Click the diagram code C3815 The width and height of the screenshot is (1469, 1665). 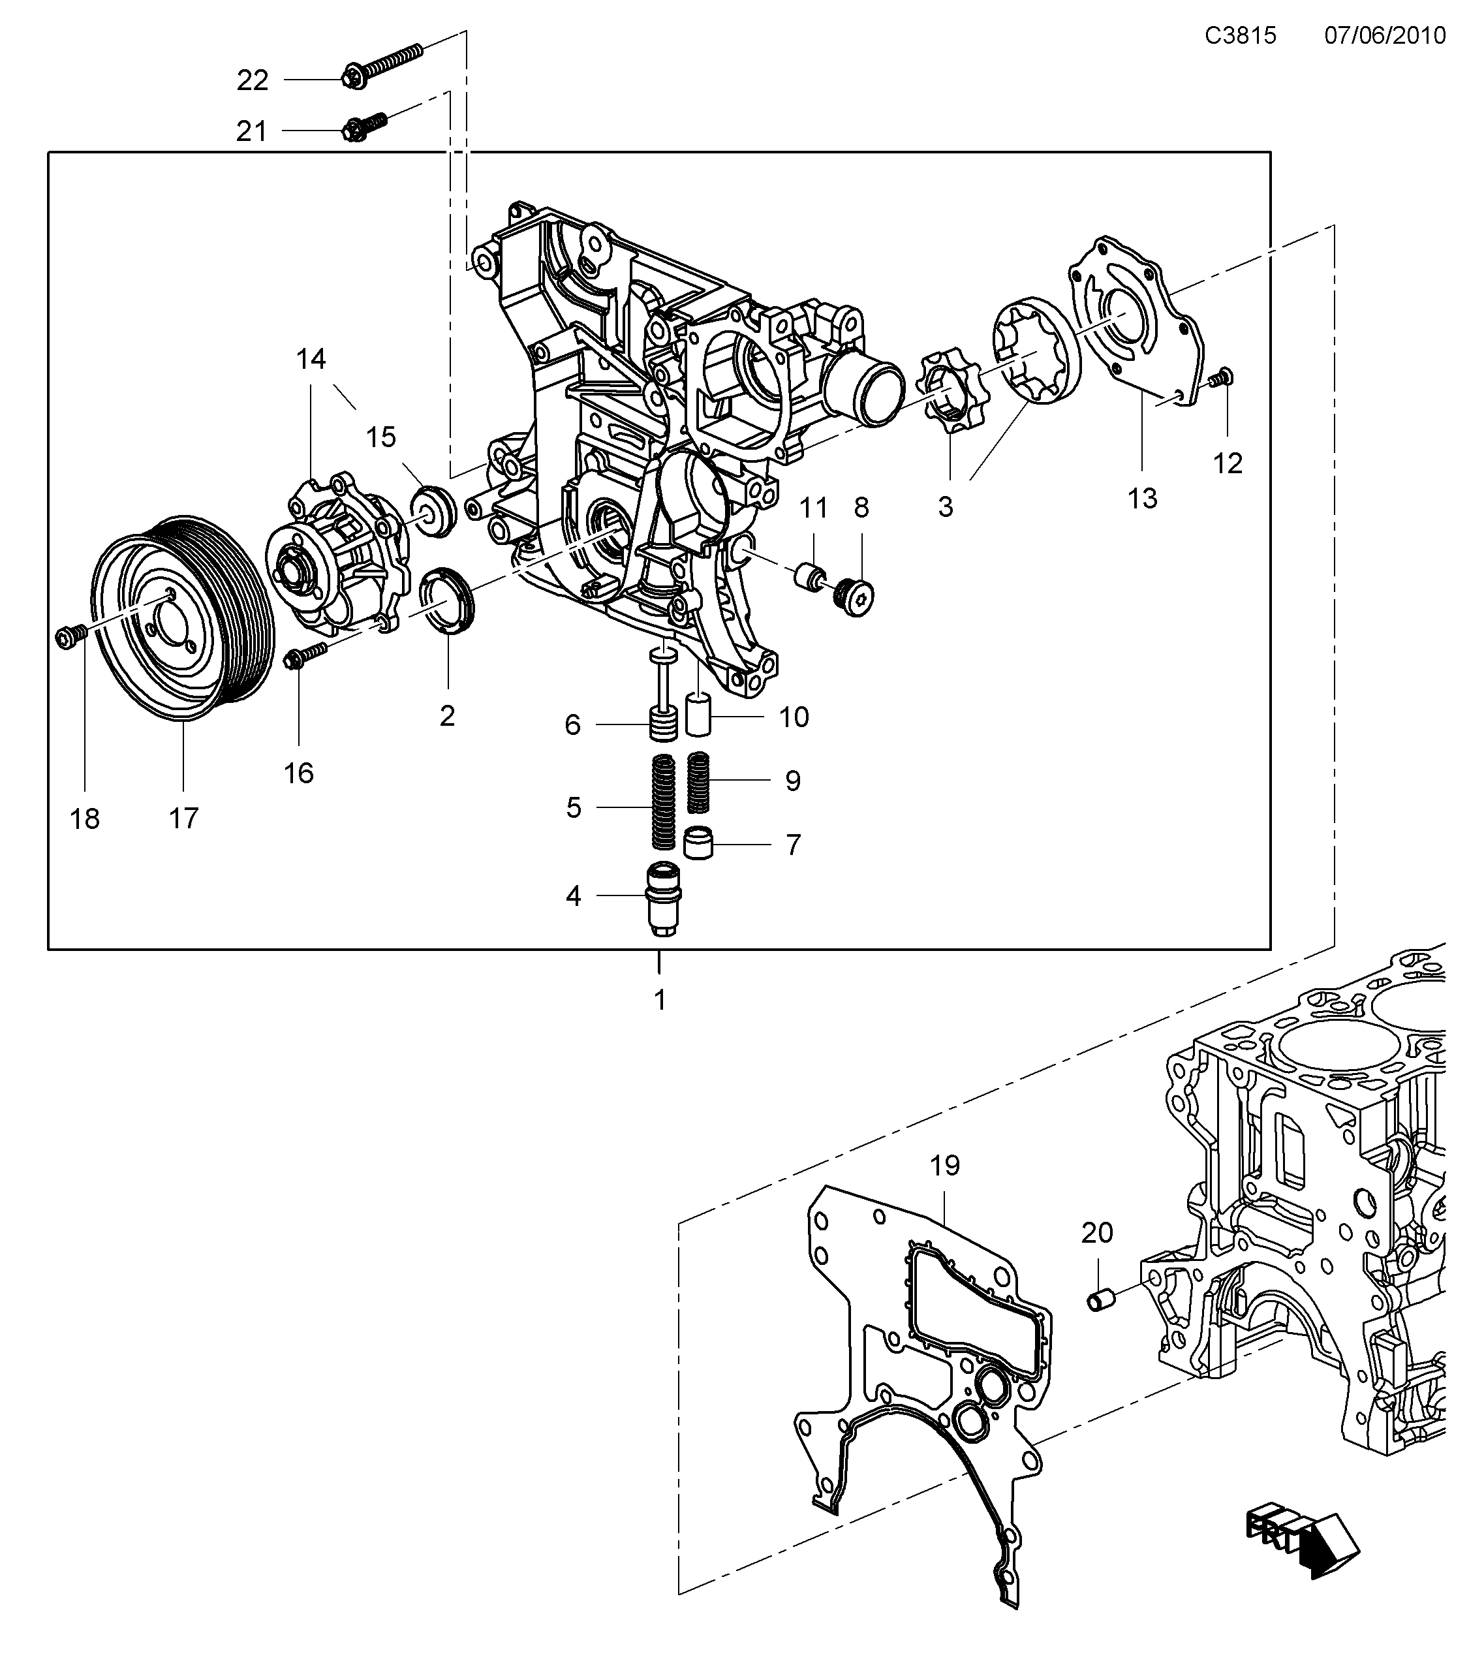click(1240, 36)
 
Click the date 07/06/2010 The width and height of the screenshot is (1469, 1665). click(1384, 36)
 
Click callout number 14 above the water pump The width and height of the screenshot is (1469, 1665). click(310, 358)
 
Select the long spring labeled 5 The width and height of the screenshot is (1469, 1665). click(664, 801)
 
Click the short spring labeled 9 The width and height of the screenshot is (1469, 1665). click(700, 782)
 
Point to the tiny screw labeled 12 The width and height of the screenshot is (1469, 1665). click(1222, 378)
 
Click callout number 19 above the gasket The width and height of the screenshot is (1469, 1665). click(944, 1166)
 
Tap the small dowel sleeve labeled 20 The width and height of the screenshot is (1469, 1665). click(1102, 1300)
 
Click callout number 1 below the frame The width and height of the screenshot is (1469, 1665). click(660, 999)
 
